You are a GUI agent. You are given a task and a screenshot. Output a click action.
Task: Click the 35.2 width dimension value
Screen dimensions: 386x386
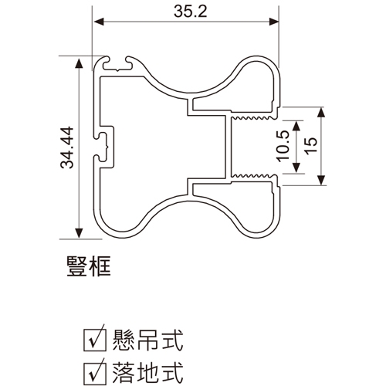pyautogui.click(x=190, y=12)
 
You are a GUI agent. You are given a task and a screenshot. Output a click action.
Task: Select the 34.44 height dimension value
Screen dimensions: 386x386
pyautogui.click(x=67, y=147)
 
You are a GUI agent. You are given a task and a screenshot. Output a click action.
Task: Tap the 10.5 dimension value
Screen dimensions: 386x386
pyautogui.click(x=284, y=146)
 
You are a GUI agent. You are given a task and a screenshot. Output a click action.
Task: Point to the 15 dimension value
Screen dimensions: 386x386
pyautogui.click(x=311, y=146)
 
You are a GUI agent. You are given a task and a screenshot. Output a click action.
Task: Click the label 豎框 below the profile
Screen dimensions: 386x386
pyautogui.click(x=89, y=266)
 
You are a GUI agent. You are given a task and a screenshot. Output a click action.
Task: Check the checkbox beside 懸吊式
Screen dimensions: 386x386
pyautogui.click(x=95, y=340)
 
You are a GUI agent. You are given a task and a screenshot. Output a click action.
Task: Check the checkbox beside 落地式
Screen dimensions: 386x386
pyautogui.click(x=95, y=373)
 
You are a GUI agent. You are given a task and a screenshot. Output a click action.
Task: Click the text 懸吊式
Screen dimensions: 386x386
pyautogui.click(x=147, y=340)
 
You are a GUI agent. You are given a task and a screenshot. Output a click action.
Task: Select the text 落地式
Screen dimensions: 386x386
pyautogui.click(x=147, y=373)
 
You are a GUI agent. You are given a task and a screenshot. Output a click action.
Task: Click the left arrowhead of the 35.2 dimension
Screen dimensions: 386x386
pyautogui.click(x=99, y=22)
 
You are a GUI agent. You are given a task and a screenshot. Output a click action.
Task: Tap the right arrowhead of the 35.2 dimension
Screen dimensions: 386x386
pyautogui.click(x=274, y=22)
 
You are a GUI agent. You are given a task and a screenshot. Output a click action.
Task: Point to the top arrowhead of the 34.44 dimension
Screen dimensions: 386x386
pyautogui.click(x=79, y=63)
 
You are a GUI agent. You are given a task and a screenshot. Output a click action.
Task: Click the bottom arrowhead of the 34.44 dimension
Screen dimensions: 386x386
pyautogui.click(x=79, y=233)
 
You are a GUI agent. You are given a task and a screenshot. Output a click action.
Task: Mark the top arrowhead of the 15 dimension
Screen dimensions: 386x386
pyautogui.click(x=321, y=113)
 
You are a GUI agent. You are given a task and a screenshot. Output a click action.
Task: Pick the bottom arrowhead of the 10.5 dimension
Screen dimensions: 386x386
pyautogui.click(x=296, y=168)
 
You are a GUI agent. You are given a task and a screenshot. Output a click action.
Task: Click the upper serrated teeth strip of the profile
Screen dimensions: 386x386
pyautogui.click(x=252, y=117)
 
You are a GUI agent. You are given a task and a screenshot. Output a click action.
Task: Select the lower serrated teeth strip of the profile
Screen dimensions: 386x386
pyautogui.click(x=252, y=176)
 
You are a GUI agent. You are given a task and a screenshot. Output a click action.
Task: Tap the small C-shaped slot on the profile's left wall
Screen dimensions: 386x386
pyautogui.click(x=103, y=147)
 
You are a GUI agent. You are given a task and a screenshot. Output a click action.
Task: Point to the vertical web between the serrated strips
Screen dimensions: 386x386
pyautogui.click(x=229, y=147)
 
